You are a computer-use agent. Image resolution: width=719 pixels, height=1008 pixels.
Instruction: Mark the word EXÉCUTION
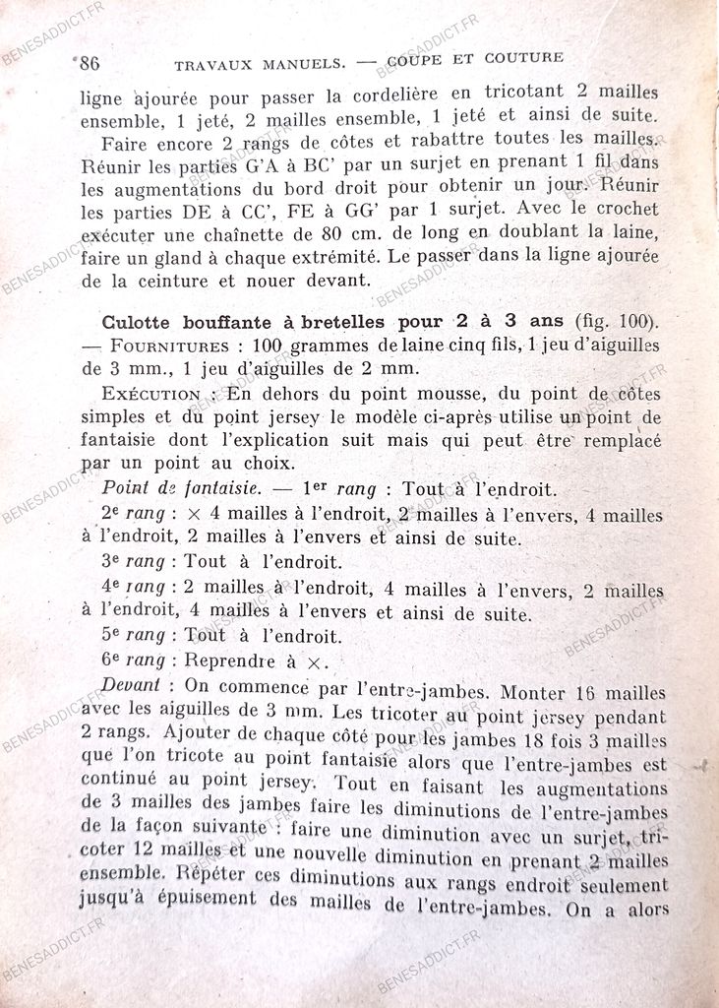pyautogui.click(x=148, y=393)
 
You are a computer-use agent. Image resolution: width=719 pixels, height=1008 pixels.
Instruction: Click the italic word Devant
pyautogui.click(x=130, y=685)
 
